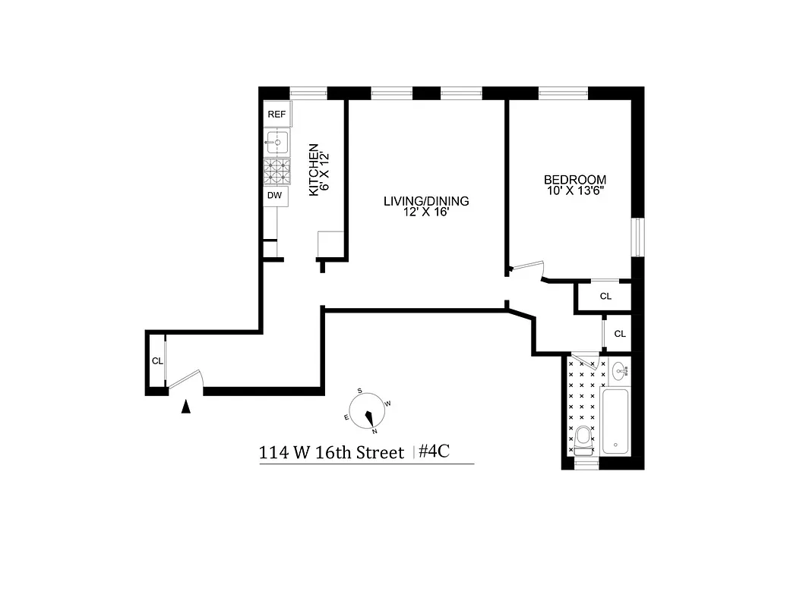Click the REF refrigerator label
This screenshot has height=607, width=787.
[x=277, y=114]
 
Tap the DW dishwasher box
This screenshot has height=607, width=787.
[x=276, y=196]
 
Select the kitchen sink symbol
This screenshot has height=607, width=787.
[x=277, y=142]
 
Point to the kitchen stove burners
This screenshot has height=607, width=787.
[x=277, y=171]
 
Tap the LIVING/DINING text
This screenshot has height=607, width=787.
[x=426, y=201]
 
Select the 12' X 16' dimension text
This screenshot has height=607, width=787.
[x=427, y=213]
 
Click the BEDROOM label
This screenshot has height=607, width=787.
[x=575, y=180]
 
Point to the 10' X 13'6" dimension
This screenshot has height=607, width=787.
[x=575, y=191]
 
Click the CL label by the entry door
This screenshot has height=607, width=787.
[x=156, y=361]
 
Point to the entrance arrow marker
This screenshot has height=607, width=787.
[x=185, y=407]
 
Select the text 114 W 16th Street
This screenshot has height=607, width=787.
[x=331, y=453]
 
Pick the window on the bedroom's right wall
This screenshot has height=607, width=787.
[x=638, y=237]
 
